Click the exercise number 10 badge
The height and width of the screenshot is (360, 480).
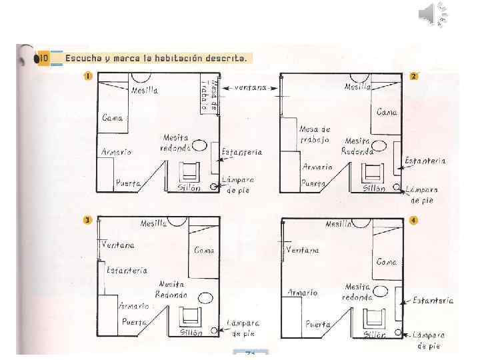(43, 58)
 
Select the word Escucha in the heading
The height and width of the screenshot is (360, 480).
(83, 58)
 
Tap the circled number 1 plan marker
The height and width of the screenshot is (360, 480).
(87, 75)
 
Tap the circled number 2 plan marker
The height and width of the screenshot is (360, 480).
(414, 75)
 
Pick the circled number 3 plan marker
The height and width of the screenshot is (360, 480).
(87, 220)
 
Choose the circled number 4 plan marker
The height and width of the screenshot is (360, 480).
(414, 220)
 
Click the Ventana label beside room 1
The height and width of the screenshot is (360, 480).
(250, 87)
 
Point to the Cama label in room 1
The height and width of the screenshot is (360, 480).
(113, 118)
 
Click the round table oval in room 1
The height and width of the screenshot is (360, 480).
(199, 145)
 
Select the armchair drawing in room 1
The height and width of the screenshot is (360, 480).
(189, 171)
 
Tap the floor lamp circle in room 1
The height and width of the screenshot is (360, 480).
(213, 187)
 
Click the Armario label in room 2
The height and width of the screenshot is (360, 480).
(317, 167)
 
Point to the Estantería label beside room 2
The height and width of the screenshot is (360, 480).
(425, 161)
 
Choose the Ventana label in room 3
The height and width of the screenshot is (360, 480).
(117, 245)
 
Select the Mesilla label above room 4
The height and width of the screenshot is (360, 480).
(339, 224)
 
